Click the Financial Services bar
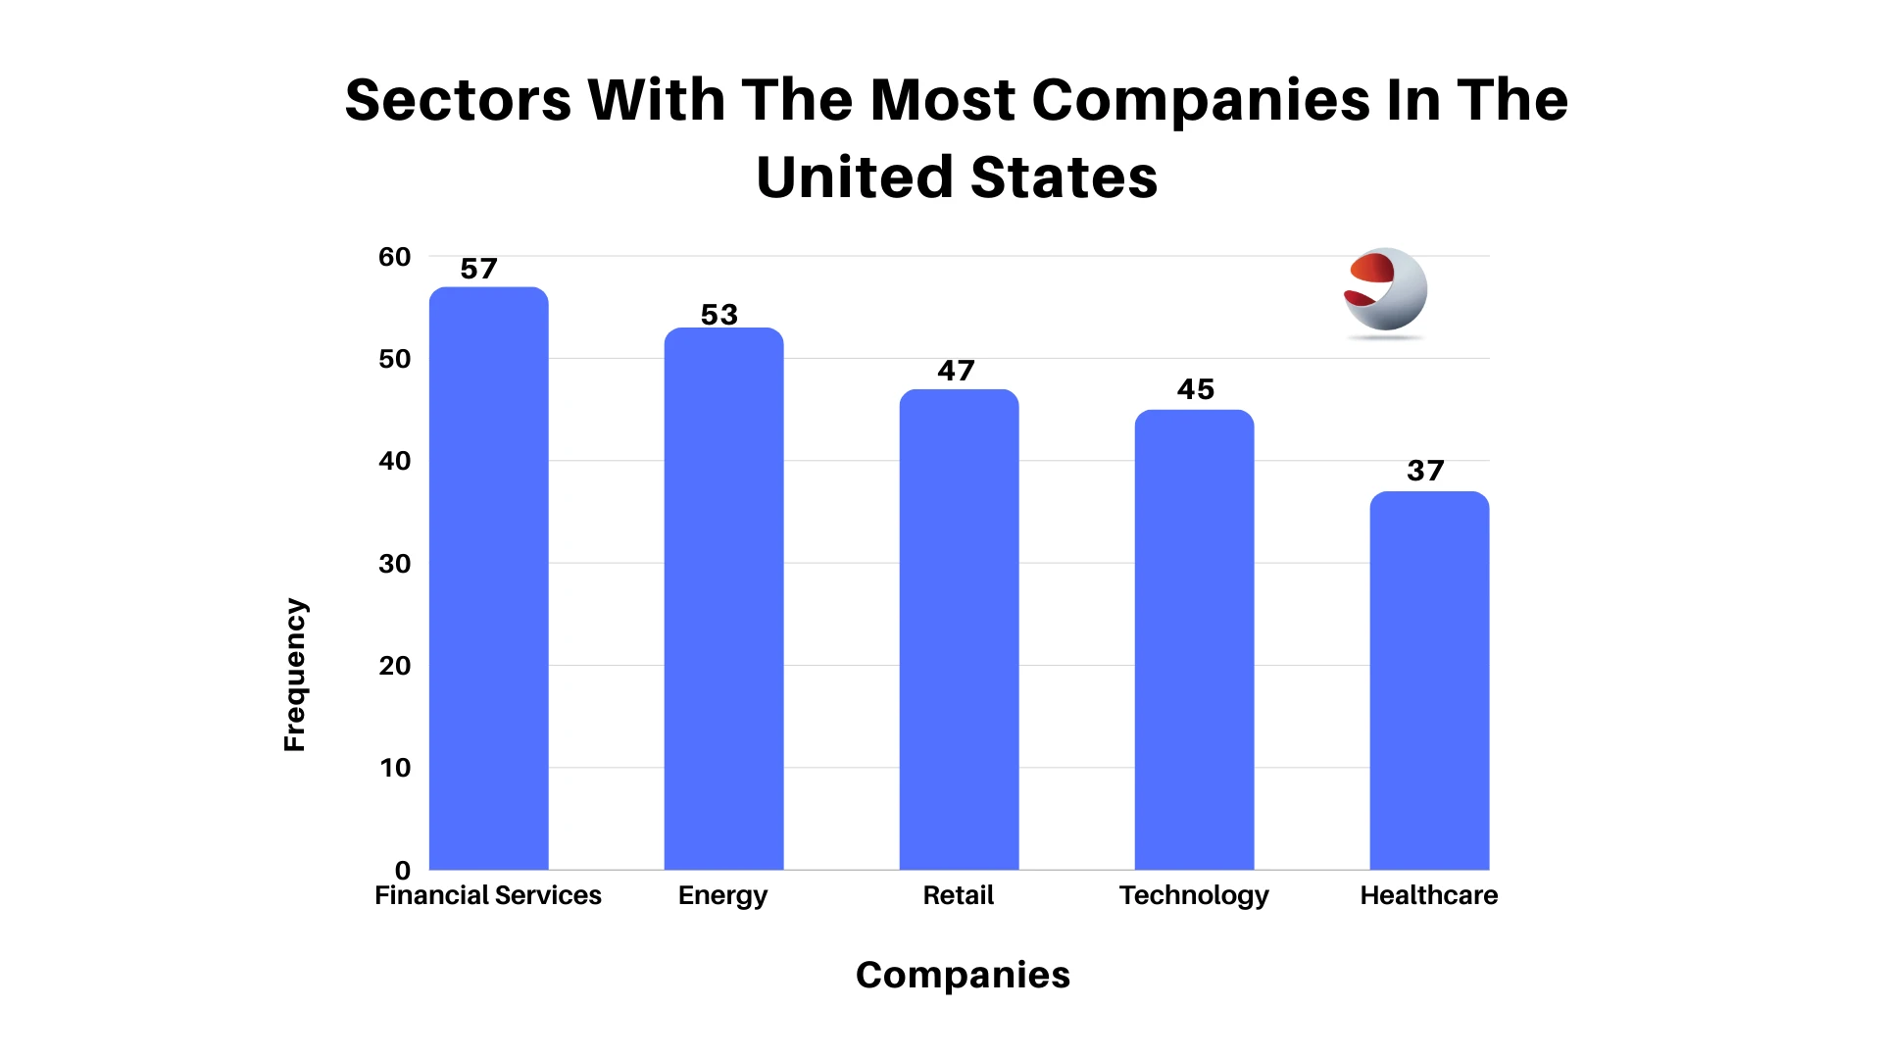point(488,579)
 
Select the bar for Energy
point(723,598)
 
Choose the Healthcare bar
point(1429,681)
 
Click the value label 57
point(479,269)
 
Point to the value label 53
point(718,315)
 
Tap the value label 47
point(956,371)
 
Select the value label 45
point(1195,389)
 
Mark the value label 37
point(1425,471)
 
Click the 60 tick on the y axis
point(395,257)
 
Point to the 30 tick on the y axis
point(395,564)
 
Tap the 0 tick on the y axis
point(402,870)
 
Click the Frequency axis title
point(295,675)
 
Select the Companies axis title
point(963,975)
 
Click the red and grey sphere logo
point(1385,291)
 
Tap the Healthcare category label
point(1428,895)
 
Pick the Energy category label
point(722,895)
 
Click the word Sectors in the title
point(458,100)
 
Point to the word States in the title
point(1064,177)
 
